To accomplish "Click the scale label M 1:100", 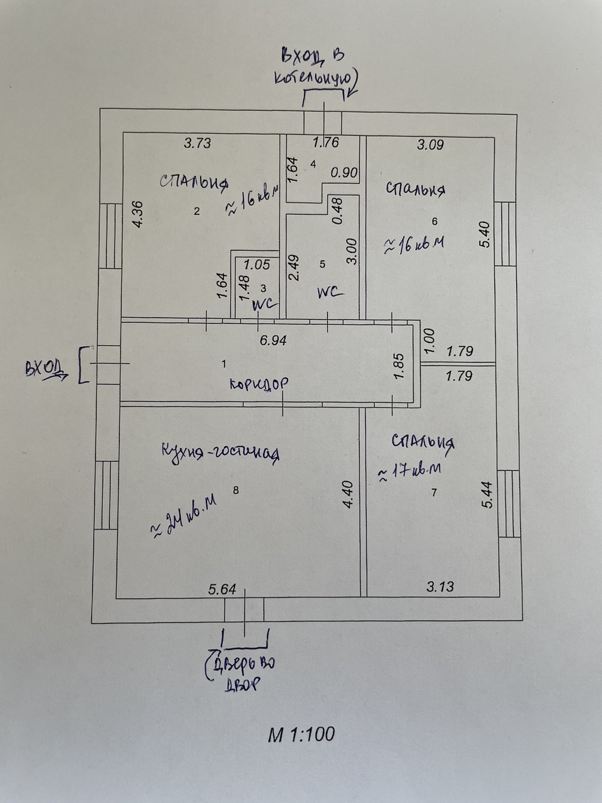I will (301, 735).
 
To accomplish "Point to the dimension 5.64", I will (222, 589).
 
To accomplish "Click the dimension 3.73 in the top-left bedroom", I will (197, 144).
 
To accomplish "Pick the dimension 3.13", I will (440, 586).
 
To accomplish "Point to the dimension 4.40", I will (349, 495).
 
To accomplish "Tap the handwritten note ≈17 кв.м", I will (409, 472).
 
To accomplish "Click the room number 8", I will (236, 490).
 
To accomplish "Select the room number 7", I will (434, 493).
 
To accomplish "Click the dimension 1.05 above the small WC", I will (257, 264).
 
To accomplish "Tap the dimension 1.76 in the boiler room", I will (326, 143).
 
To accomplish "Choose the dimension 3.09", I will (430, 146).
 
